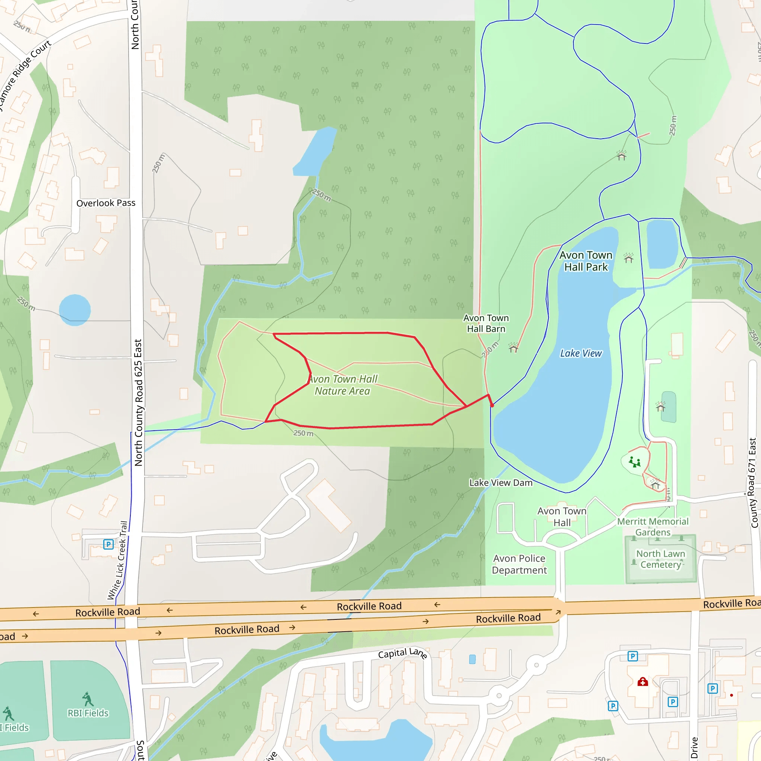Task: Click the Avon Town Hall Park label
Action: pos(586,261)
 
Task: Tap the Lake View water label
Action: pos(581,353)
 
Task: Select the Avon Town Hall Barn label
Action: pos(486,323)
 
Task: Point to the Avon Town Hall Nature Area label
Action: pos(342,385)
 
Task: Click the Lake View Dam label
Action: pos(501,483)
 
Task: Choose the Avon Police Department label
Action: pos(519,564)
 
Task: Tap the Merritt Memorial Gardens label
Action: pos(652,527)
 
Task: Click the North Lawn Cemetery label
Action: pos(661,559)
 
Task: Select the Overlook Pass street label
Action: pos(106,203)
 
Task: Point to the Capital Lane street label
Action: pos(402,654)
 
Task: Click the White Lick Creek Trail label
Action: pos(118,560)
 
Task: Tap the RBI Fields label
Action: pos(88,713)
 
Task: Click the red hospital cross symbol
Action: pos(643,681)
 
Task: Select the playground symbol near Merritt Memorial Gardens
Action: pos(635,462)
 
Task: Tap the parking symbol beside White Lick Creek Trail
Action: pos(109,544)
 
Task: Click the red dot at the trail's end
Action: pos(492,405)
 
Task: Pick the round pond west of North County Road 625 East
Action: pos(75,310)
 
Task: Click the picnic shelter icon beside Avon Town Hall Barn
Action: pos(513,347)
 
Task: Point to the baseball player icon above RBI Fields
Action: pos(88,699)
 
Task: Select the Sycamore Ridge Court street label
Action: pos(24,75)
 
